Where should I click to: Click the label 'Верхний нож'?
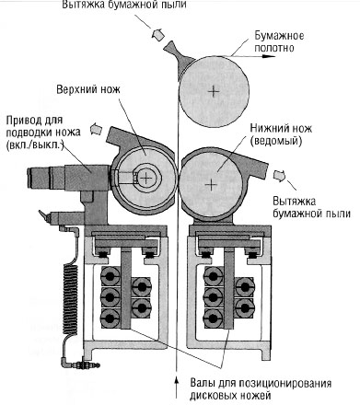pyautogui.click(x=88, y=89)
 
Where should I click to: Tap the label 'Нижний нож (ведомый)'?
pyautogui.click(x=281, y=134)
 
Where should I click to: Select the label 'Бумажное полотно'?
pyautogui.click(x=279, y=41)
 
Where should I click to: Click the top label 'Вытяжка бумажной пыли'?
pyautogui.click(x=124, y=5)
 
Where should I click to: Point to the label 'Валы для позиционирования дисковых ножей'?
pyautogui.click(x=261, y=389)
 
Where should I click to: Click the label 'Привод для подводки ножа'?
pyautogui.click(x=43, y=126)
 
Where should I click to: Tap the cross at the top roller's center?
pyautogui.click(x=214, y=91)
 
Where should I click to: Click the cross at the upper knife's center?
pyautogui.click(x=146, y=178)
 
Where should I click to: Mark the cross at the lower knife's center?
pyautogui.click(x=211, y=185)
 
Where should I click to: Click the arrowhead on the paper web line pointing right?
pyautogui.click(x=269, y=56)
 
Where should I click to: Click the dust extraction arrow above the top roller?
pyautogui.click(x=157, y=33)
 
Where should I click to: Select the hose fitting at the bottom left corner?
pyautogui.click(x=83, y=364)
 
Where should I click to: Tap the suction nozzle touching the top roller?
pyautogui.click(x=178, y=57)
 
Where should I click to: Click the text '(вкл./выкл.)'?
pyautogui.click(x=34, y=145)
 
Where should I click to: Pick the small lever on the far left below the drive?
pyautogui.click(x=44, y=215)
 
